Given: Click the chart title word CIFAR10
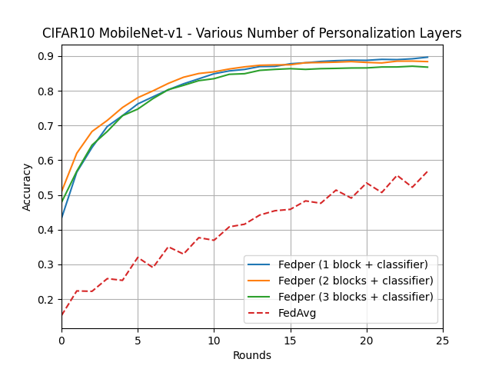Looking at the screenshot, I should pos(67,34).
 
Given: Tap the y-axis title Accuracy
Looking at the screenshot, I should pos(28,187).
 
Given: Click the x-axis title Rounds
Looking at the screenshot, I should pos(252,355).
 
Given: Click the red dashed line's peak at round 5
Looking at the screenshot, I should pos(138,258).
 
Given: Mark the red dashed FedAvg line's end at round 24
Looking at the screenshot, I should pos(427,171).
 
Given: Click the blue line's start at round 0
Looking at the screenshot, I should pos(61,218).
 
